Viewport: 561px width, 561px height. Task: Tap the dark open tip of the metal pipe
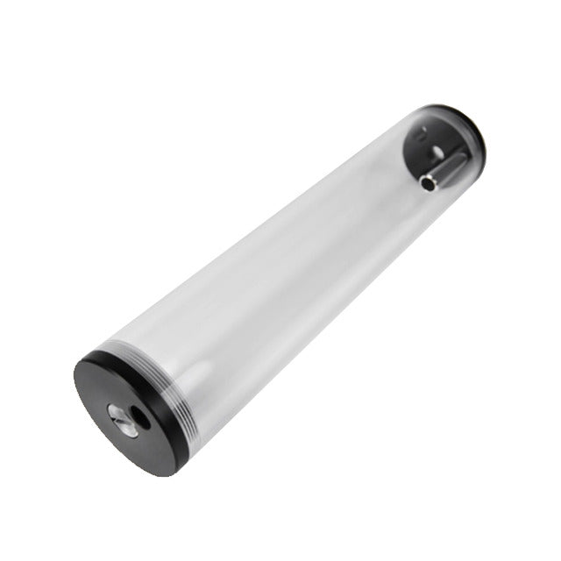click(x=427, y=183)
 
